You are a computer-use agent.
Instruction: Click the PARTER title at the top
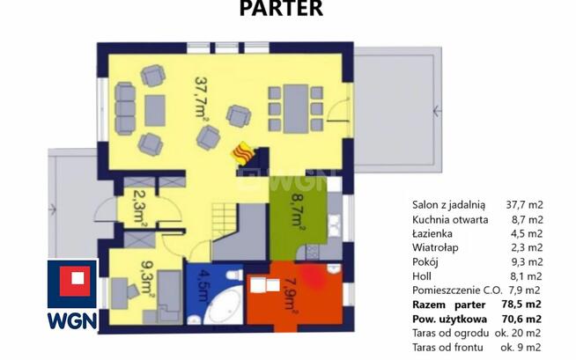click(x=281, y=8)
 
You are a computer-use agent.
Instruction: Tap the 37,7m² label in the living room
click(x=202, y=97)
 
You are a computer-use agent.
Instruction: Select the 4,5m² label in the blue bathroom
click(x=203, y=286)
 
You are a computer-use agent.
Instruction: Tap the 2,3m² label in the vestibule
click(x=139, y=208)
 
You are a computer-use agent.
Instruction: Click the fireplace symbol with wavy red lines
click(x=243, y=153)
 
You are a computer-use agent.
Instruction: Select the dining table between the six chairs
click(x=295, y=108)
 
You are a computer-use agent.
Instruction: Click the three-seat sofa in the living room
click(x=125, y=108)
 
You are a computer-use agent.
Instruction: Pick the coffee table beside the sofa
click(x=155, y=110)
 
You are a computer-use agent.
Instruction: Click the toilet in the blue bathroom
click(x=234, y=275)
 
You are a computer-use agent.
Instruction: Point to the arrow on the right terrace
click(x=437, y=111)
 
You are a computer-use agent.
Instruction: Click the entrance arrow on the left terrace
click(x=52, y=209)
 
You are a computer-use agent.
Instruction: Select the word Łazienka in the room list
click(x=432, y=233)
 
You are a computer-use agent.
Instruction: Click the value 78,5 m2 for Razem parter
click(x=521, y=305)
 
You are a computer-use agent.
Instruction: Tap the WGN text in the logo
click(x=72, y=320)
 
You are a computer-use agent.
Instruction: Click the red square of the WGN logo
click(x=75, y=281)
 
